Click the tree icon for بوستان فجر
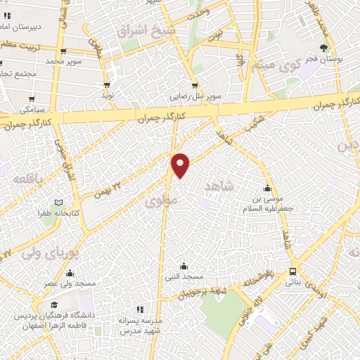[323, 49]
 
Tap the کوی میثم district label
[276, 66]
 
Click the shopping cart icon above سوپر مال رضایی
[195, 86]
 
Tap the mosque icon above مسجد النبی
[184, 266]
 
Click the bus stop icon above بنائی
[292, 272]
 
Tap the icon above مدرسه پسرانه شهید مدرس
[139, 309]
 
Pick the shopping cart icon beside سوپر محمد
[64, 51]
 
